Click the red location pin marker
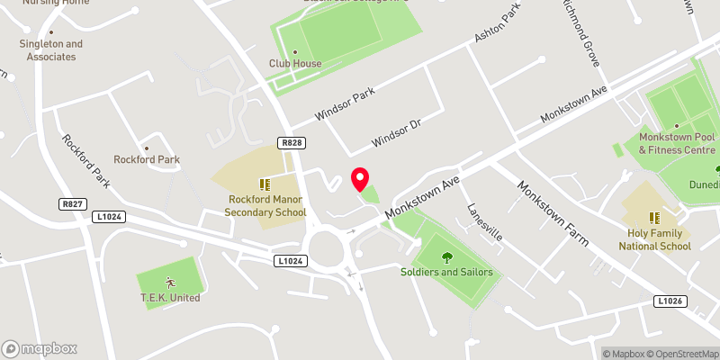click(x=359, y=178)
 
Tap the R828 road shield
click(x=290, y=143)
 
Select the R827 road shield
click(x=73, y=204)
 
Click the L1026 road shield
click(x=670, y=301)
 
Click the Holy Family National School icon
click(x=654, y=217)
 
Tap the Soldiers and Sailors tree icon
click(x=447, y=257)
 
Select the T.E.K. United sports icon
click(x=169, y=281)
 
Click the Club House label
click(x=294, y=63)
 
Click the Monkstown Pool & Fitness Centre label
click(x=677, y=143)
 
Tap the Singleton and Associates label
click(x=51, y=49)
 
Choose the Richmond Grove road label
click(x=580, y=34)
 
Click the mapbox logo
click(x=40, y=348)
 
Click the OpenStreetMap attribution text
click(x=681, y=354)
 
